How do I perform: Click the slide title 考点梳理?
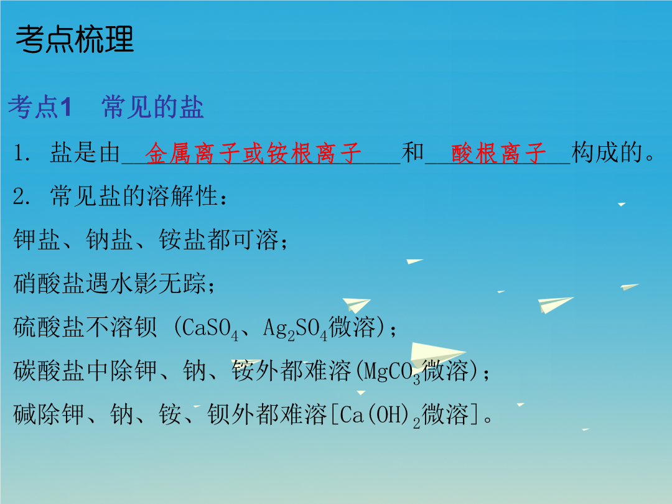click(x=75, y=39)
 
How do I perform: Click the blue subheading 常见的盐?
click(x=152, y=107)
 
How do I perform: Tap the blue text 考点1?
click(x=40, y=107)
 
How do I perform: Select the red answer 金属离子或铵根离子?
click(x=253, y=153)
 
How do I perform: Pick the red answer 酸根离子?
click(x=498, y=153)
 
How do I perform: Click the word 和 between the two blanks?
click(x=413, y=152)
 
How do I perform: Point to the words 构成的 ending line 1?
click(x=607, y=152)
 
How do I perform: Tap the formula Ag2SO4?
click(x=295, y=329)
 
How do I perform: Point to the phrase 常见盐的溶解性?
click(x=134, y=196)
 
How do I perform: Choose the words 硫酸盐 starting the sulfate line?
click(x=49, y=327)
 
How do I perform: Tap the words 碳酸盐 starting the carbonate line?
click(x=49, y=370)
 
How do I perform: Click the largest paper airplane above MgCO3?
click(x=437, y=354)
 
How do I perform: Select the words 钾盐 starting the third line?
click(x=37, y=239)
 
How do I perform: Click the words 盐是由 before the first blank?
click(x=85, y=152)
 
